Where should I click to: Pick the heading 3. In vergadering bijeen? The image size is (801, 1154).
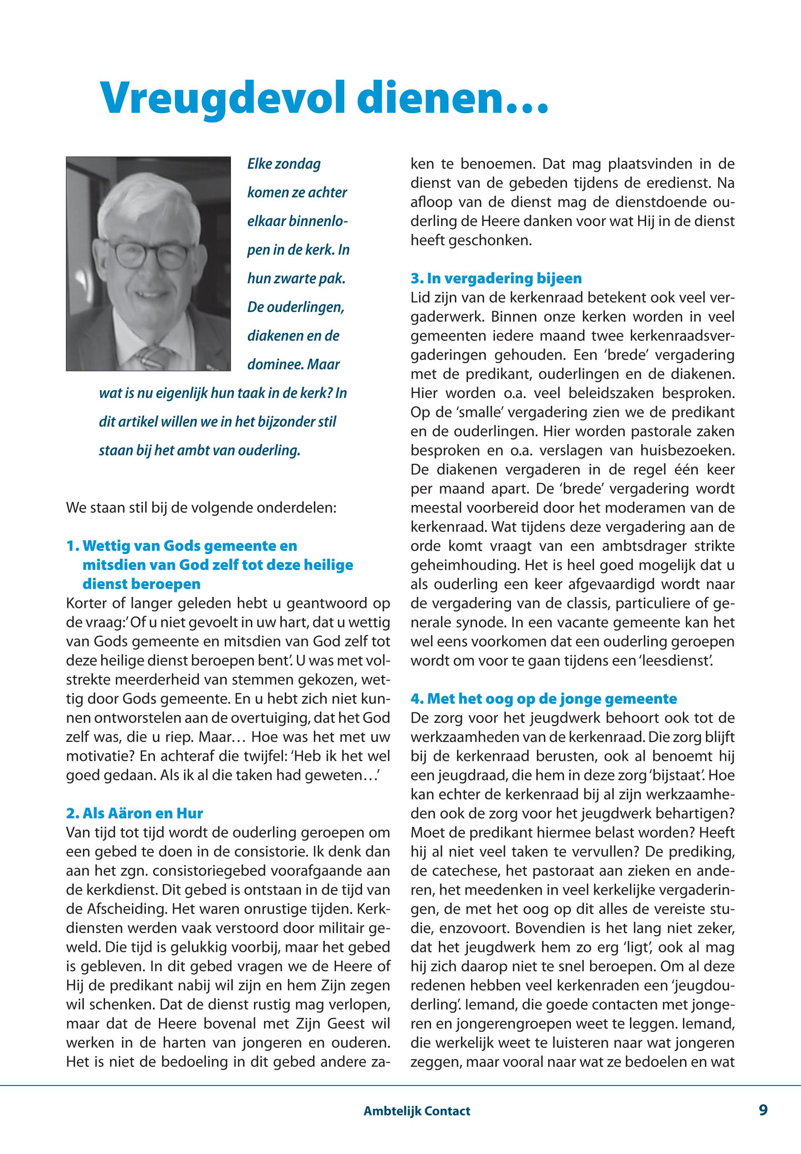[496, 279]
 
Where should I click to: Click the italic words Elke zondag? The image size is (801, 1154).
[283, 164]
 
